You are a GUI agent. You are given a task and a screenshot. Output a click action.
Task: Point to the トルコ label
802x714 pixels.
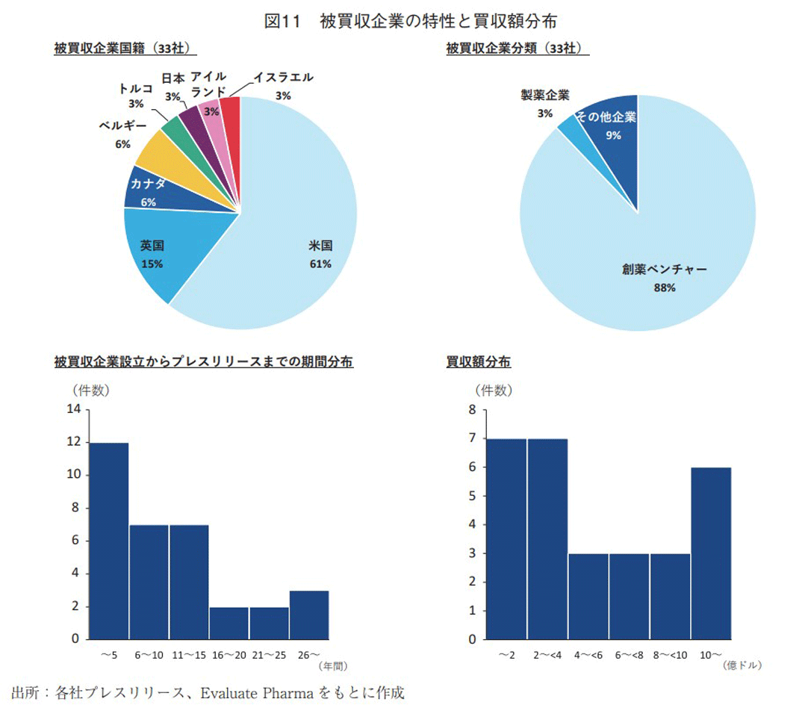(x=136, y=89)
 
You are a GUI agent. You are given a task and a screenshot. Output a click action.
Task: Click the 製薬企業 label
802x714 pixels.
(x=545, y=96)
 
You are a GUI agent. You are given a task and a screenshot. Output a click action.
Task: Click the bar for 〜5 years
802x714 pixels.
(x=108, y=541)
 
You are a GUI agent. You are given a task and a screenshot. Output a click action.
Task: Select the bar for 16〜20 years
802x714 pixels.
(x=229, y=623)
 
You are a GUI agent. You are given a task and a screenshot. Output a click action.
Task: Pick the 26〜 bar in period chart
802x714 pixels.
(x=309, y=615)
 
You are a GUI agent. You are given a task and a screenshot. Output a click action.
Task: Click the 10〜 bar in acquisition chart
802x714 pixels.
(x=710, y=553)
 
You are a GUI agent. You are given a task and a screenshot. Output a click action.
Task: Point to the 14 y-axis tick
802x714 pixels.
(x=73, y=409)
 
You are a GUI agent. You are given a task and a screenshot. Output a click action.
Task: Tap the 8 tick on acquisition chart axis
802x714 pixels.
(x=471, y=409)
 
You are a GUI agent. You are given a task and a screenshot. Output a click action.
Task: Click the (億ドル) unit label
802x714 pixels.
(x=745, y=665)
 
